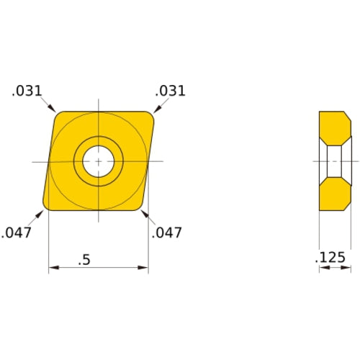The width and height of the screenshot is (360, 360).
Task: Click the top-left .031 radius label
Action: click(27, 91)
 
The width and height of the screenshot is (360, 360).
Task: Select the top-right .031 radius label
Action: click(171, 91)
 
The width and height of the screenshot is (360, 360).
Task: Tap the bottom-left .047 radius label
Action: click(17, 233)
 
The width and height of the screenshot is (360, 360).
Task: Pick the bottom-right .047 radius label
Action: click(166, 233)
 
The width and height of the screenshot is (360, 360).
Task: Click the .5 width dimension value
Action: click(85, 261)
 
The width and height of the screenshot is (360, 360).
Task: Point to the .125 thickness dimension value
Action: click(332, 258)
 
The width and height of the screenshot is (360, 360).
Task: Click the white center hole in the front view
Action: click(98, 161)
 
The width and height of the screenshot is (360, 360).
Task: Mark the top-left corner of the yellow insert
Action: click(58, 114)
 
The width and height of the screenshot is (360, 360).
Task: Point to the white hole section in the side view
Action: click(334, 161)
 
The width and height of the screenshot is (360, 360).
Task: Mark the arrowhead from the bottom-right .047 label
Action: click(143, 212)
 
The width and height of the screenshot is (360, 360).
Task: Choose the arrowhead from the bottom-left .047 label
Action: click(42, 212)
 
